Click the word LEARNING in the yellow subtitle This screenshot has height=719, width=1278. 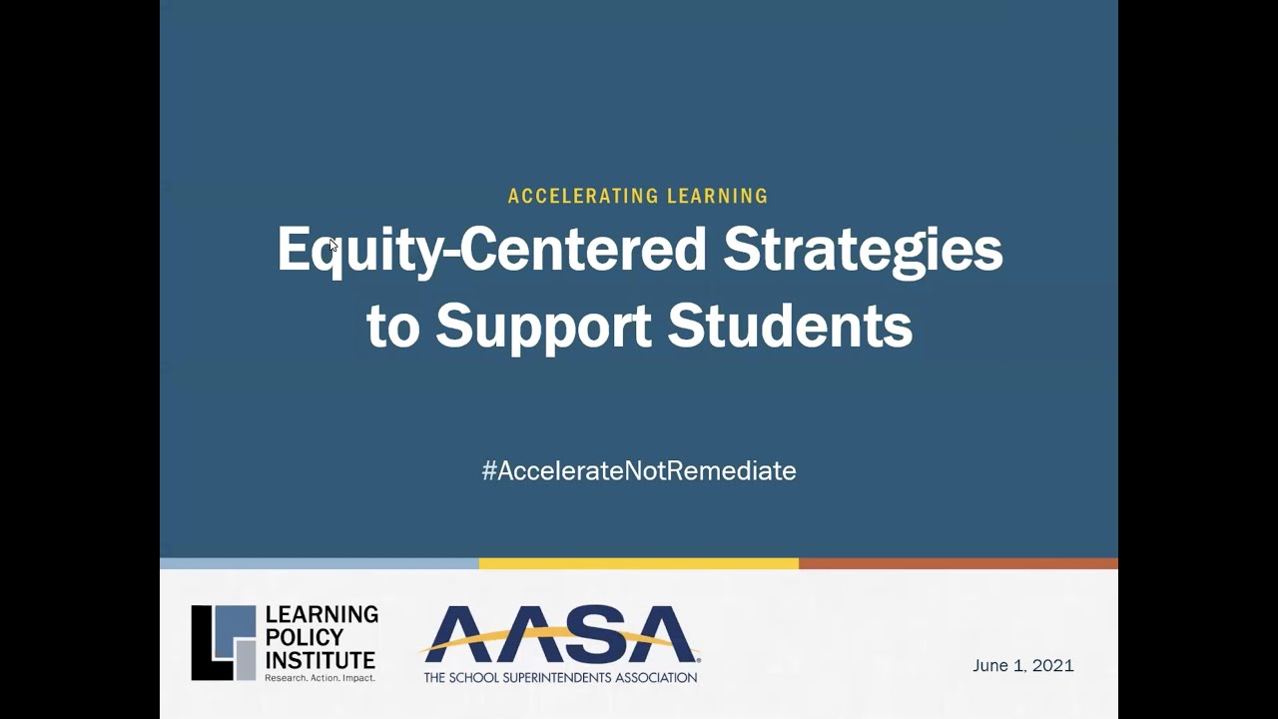tap(718, 197)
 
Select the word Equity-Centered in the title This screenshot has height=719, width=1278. tap(491, 250)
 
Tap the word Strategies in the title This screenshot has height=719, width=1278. tap(863, 250)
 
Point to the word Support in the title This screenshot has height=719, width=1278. tap(543, 326)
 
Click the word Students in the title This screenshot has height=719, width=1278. tap(790, 326)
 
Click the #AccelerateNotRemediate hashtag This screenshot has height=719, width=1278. tap(639, 470)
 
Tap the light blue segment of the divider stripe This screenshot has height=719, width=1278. tap(319, 563)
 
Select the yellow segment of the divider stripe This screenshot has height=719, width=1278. tap(639, 563)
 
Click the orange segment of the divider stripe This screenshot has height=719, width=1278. tap(958, 563)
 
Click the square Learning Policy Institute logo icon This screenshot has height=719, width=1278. tap(224, 642)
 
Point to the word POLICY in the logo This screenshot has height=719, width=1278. tap(305, 637)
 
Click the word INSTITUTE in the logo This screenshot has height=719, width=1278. tap(320, 659)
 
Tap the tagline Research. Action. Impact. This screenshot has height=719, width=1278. tap(319, 678)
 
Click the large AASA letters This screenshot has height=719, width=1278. tap(560, 634)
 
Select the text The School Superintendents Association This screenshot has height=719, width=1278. tap(560, 677)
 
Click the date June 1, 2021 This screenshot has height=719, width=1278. tap(1022, 666)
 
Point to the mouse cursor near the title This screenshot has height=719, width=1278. tap(332, 245)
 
